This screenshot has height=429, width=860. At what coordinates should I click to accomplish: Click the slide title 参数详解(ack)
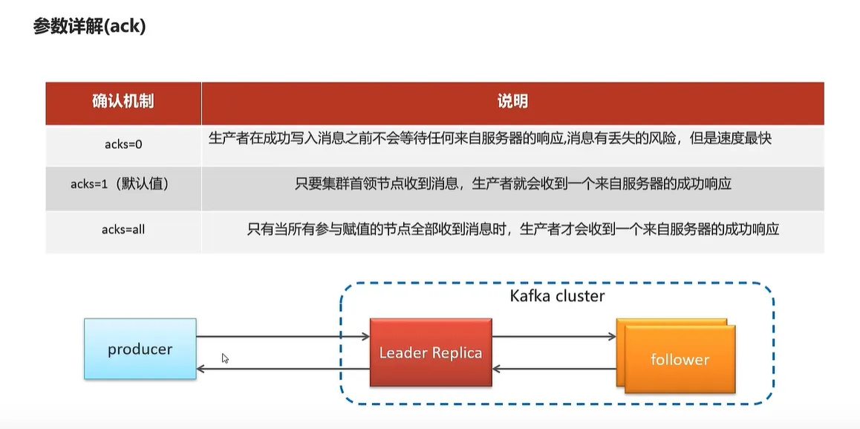(x=89, y=27)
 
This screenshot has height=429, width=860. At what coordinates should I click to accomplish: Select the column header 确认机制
(x=123, y=101)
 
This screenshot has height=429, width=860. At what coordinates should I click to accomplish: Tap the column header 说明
(x=512, y=101)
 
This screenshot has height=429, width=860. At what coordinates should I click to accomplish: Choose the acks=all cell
(x=123, y=230)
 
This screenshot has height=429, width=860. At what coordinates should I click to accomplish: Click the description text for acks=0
(x=491, y=139)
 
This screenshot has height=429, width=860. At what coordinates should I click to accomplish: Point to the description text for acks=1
(x=512, y=184)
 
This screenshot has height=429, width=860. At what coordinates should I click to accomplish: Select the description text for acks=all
(x=512, y=229)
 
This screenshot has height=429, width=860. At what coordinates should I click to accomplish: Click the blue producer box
(x=140, y=349)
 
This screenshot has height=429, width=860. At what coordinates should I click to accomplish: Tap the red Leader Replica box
(x=431, y=352)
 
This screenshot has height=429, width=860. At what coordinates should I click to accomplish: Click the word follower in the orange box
(x=680, y=360)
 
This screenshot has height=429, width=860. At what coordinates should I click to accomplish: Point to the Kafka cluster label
(x=557, y=296)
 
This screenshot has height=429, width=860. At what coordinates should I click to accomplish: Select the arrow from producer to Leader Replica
(x=283, y=337)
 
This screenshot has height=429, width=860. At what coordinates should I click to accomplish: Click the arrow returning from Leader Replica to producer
(x=283, y=368)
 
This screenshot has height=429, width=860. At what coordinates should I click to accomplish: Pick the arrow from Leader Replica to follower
(x=554, y=337)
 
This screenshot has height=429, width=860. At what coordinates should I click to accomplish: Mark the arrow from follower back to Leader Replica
(x=554, y=368)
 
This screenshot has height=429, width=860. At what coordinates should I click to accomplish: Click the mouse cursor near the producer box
(x=225, y=358)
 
